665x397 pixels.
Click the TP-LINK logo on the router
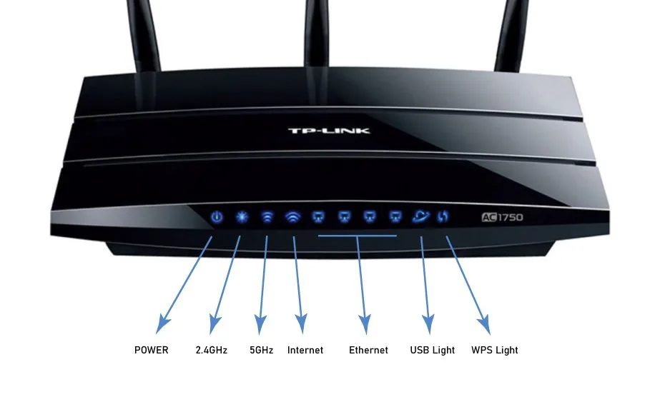point(329,131)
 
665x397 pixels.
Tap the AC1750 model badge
point(502,217)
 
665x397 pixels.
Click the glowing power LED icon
point(217,217)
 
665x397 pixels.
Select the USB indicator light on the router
point(420,216)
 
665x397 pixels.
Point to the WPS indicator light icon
point(443,216)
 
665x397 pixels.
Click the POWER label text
point(152,350)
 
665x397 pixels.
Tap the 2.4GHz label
point(211,350)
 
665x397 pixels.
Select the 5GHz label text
point(261,350)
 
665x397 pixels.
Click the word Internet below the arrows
point(305,350)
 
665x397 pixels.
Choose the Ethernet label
point(368,350)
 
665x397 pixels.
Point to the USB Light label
point(432,350)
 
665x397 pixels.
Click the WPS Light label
point(495,350)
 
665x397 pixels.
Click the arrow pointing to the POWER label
point(184,285)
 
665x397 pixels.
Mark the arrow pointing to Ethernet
point(362,285)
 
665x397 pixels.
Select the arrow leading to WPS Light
point(468,285)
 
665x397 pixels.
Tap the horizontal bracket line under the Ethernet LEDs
point(358,236)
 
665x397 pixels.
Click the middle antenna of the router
point(316,33)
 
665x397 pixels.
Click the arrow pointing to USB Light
point(425,285)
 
